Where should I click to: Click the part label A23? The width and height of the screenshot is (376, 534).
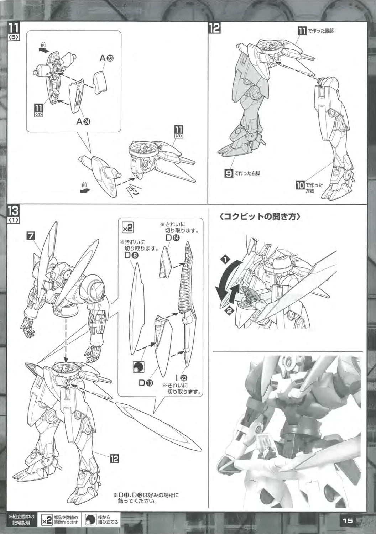pos(106,58)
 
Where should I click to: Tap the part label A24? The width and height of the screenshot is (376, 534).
pos(83,122)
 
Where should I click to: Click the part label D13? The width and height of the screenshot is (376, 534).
pos(146,383)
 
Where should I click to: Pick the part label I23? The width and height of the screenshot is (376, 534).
pos(182,377)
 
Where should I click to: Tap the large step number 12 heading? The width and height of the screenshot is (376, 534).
pos(214,28)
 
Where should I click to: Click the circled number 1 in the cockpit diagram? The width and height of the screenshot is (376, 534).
pos(224,259)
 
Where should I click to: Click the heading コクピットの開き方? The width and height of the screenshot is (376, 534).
pos(260,217)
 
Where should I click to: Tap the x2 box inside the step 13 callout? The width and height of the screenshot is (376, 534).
pos(127,229)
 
